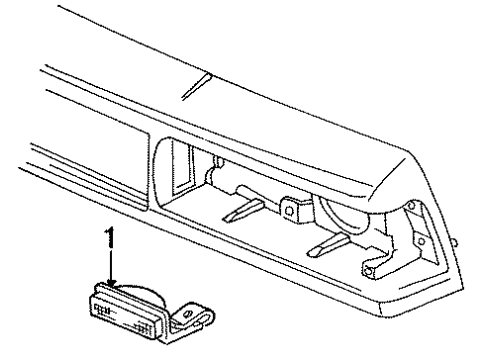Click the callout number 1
pyautogui.click(x=110, y=240)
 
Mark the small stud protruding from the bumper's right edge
pyautogui.click(x=454, y=242)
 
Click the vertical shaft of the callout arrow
pyautogui.click(x=111, y=265)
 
